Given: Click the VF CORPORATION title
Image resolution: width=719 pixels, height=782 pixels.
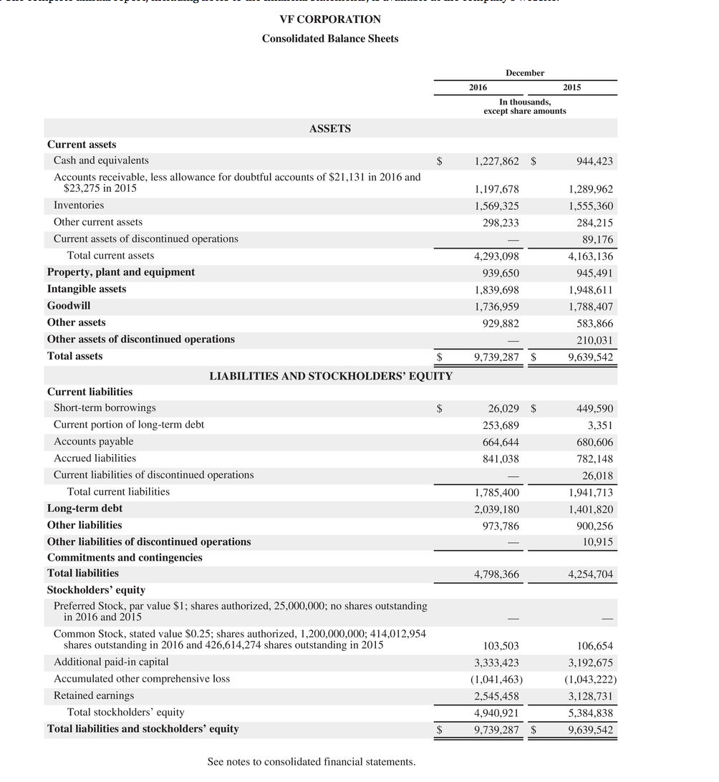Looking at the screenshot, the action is [330, 19].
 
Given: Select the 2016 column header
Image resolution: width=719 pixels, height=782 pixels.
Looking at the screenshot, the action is [478, 87].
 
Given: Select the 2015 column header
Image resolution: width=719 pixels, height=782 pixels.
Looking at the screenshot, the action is [571, 87].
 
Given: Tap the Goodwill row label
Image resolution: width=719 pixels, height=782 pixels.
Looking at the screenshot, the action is [69, 306].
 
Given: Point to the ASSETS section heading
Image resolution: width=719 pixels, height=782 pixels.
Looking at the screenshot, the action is [330, 129].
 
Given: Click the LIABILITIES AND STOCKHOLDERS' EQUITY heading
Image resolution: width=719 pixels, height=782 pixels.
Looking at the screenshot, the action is [330, 376].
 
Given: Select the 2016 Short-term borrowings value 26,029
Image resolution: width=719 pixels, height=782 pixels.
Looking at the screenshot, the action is [503, 409].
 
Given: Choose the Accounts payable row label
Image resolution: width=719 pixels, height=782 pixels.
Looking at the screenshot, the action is [93, 442].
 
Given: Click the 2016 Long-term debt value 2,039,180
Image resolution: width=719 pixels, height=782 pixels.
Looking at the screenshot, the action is [496, 510].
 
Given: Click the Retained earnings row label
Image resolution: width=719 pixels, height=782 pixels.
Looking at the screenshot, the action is [94, 696].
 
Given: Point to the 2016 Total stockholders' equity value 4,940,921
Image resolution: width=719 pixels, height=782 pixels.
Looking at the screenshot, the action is [496, 713].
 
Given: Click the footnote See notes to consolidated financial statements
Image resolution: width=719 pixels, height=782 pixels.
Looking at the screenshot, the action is [311, 762].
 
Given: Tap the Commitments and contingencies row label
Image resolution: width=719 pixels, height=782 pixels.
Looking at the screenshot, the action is [125, 558].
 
